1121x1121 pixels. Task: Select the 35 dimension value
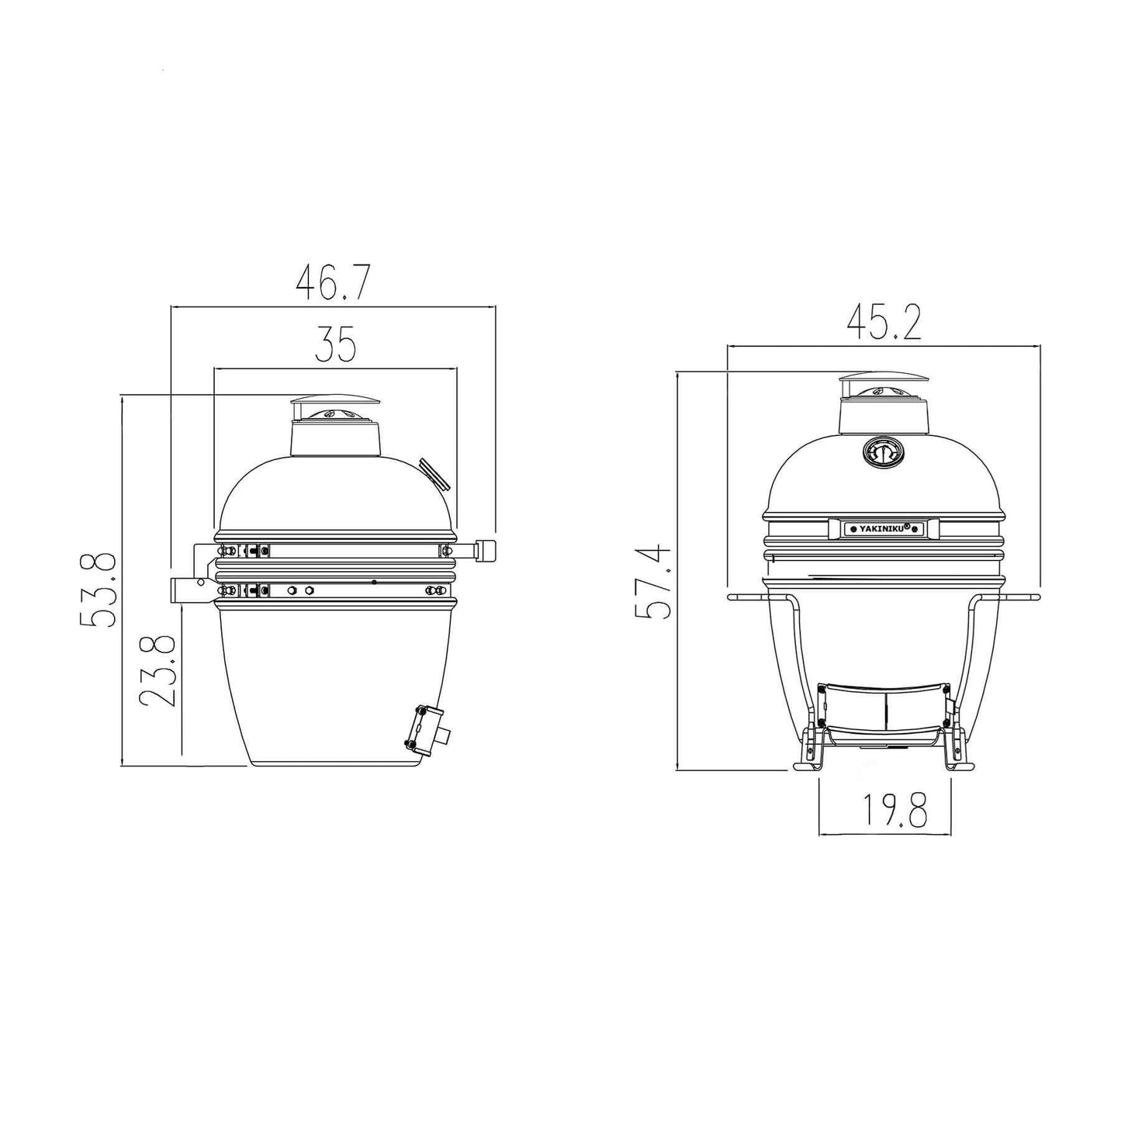335,345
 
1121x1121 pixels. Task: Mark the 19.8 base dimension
884,811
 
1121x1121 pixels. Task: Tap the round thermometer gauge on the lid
882,454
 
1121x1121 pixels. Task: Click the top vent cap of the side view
334,403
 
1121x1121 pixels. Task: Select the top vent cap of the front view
883,380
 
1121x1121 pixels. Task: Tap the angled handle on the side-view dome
434,474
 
